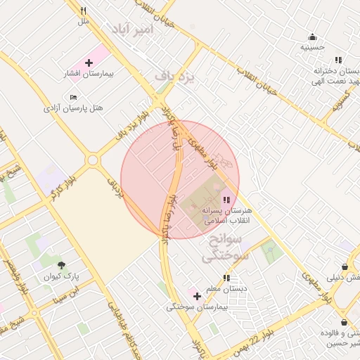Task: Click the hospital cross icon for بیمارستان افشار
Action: (x=88, y=63)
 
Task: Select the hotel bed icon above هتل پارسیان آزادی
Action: (x=73, y=97)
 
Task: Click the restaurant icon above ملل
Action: (x=84, y=11)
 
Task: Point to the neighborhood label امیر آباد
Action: (x=130, y=29)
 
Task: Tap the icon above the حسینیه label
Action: (x=312, y=37)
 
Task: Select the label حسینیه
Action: (x=312, y=48)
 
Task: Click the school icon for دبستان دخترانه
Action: (x=338, y=60)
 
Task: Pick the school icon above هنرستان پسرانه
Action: (x=226, y=200)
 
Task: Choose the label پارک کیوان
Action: (x=64, y=276)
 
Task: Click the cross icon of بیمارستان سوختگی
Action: (x=197, y=296)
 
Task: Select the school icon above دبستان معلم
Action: (x=226, y=277)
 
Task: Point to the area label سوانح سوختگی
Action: (x=226, y=249)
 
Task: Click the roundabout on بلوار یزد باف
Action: (x=93, y=160)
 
